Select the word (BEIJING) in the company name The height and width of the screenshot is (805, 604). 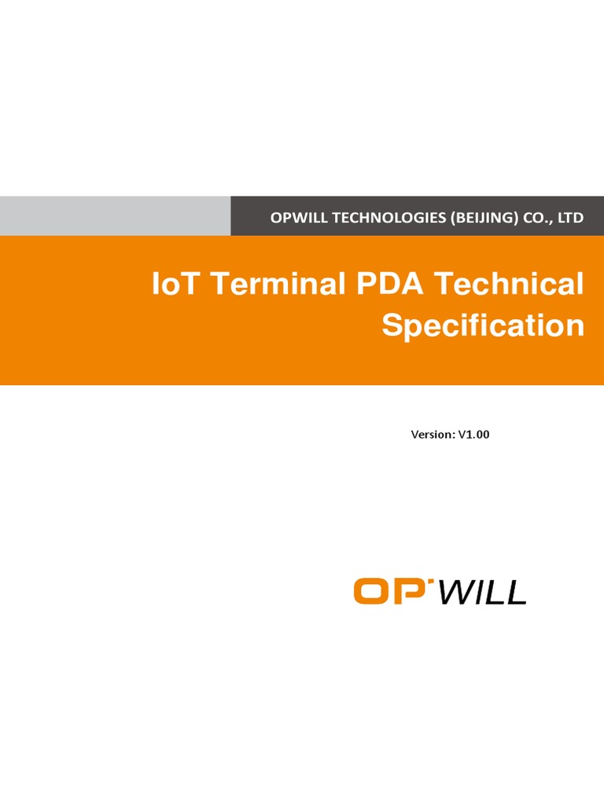click(x=481, y=218)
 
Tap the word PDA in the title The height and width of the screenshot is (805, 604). click(x=385, y=285)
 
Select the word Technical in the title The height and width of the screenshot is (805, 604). click(x=511, y=285)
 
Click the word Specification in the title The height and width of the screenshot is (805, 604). click(x=483, y=325)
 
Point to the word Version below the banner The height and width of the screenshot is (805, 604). click(x=433, y=434)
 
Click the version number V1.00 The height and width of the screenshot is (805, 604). click(x=474, y=434)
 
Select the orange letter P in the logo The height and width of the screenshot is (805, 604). click(x=411, y=591)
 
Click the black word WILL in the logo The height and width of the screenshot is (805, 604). click(x=481, y=591)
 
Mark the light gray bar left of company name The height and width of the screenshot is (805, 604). click(x=115, y=216)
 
